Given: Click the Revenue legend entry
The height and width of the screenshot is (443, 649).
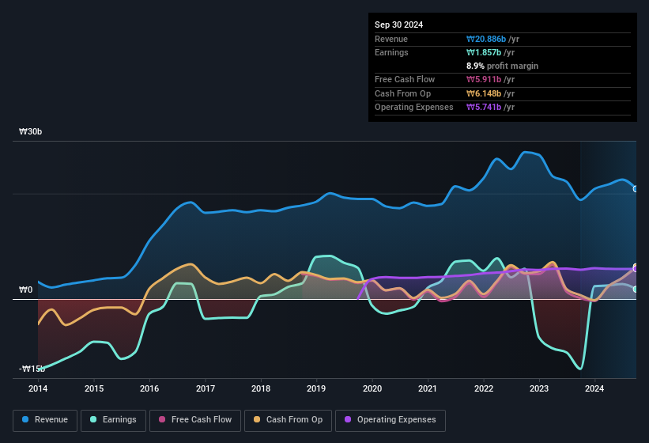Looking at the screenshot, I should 45,420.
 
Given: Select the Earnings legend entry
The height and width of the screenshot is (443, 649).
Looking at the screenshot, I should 114,420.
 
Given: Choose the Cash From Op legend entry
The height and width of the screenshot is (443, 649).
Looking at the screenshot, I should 289,420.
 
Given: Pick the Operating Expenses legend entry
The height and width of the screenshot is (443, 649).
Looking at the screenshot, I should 390,420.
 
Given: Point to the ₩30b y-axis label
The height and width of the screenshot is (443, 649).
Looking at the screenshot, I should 30,131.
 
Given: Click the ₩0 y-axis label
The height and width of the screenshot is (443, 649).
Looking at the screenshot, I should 26,290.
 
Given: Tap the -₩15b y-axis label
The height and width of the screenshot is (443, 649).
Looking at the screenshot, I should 32,369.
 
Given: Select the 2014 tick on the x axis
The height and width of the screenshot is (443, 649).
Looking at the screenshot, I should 38,388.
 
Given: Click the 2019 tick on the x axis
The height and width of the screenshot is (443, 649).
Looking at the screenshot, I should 316,388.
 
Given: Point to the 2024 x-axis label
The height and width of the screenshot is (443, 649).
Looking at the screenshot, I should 594,388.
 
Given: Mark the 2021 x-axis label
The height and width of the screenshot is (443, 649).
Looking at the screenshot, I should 428,388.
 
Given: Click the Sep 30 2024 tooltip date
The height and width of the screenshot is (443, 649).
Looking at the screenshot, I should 398,25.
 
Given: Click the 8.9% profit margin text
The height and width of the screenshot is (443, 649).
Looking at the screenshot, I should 502,66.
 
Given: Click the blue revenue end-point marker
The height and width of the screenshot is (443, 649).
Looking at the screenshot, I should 636,188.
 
